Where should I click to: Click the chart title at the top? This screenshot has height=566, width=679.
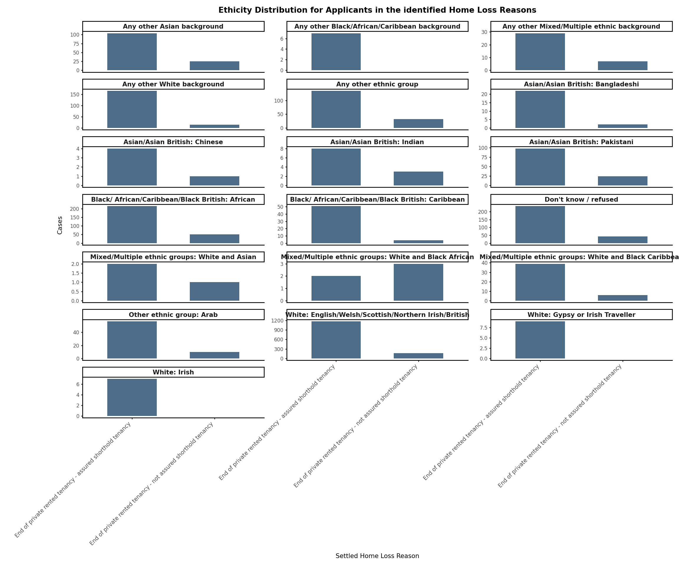[x=377, y=10]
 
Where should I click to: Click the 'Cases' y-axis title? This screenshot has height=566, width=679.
[x=60, y=225]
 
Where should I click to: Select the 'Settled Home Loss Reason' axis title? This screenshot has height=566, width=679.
[x=377, y=556]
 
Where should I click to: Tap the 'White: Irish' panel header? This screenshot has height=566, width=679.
[x=173, y=372]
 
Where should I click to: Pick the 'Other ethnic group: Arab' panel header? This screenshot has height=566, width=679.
[x=173, y=315]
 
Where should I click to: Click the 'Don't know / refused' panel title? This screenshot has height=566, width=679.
[x=581, y=200]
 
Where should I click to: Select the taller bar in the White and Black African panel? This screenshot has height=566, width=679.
[x=418, y=282]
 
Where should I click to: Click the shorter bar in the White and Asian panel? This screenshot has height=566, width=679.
[x=214, y=292]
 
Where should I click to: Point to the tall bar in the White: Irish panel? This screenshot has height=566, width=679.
[x=132, y=397]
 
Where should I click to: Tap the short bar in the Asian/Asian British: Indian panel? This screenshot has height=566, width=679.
[x=418, y=179]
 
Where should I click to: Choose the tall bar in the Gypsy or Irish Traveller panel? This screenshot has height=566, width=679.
[x=540, y=340]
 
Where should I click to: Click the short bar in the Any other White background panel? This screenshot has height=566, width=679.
[x=214, y=126]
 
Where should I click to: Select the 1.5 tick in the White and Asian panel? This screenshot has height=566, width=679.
[x=75, y=273]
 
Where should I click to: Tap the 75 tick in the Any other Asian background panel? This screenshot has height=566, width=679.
[x=76, y=44]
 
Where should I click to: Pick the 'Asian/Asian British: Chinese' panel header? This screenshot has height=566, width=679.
[x=173, y=142]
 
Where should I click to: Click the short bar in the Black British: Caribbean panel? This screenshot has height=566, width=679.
[x=418, y=242]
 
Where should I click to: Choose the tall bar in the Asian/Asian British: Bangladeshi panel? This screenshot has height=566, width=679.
[x=540, y=109]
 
